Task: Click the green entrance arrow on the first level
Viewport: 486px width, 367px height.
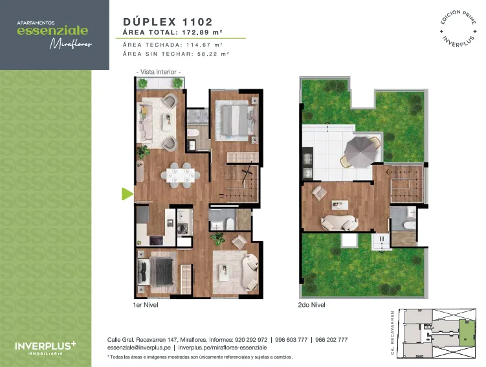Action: click(126, 194)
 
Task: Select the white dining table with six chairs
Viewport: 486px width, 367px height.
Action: click(181, 175)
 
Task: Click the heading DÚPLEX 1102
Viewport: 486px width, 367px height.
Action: click(168, 22)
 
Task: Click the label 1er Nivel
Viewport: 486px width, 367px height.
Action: click(146, 305)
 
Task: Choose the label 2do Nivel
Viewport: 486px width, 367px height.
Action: click(311, 305)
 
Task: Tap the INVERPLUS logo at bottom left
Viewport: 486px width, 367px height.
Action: click(45, 348)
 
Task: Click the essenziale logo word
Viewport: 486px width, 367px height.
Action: click(52, 30)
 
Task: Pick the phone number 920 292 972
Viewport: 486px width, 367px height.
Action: click(251, 340)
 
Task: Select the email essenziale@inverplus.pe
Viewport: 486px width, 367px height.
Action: click(139, 348)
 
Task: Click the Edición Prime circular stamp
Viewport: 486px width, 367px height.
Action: click(458, 29)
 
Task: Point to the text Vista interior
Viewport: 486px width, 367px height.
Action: click(159, 72)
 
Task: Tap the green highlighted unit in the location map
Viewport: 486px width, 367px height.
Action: click(467, 333)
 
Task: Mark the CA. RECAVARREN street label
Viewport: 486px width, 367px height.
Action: click(392, 333)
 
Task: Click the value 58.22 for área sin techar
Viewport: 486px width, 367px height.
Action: click(207, 54)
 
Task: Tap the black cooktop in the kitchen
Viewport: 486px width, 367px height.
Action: click(156, 240)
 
